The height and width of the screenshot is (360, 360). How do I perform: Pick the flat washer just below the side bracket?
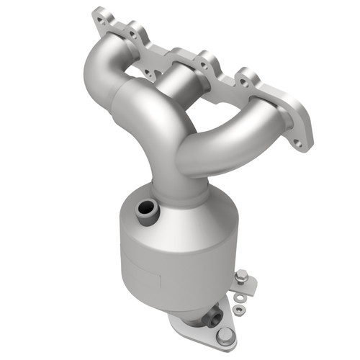[x=238, y=293]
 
